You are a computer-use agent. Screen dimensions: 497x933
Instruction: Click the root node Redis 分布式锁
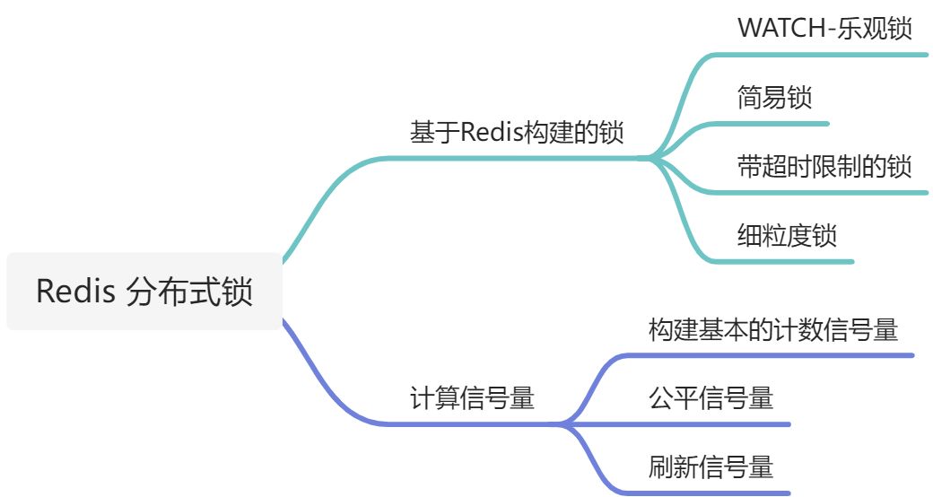[x=144, y=292]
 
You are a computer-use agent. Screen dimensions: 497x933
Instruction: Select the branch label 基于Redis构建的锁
[x=517, y=132]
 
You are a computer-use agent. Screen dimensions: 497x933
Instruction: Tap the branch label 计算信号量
[x=472, y=397]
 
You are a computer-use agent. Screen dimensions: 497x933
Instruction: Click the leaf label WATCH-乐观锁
[x=824, y=28]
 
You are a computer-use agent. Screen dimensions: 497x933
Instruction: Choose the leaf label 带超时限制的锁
[x=824, y=166]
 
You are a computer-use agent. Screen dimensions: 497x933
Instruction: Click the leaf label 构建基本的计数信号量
[x=772, y=329]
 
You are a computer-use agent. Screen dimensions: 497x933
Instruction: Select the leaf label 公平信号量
[x=711, y=397]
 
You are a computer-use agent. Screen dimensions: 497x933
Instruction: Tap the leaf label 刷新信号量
[x=711, y=466]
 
